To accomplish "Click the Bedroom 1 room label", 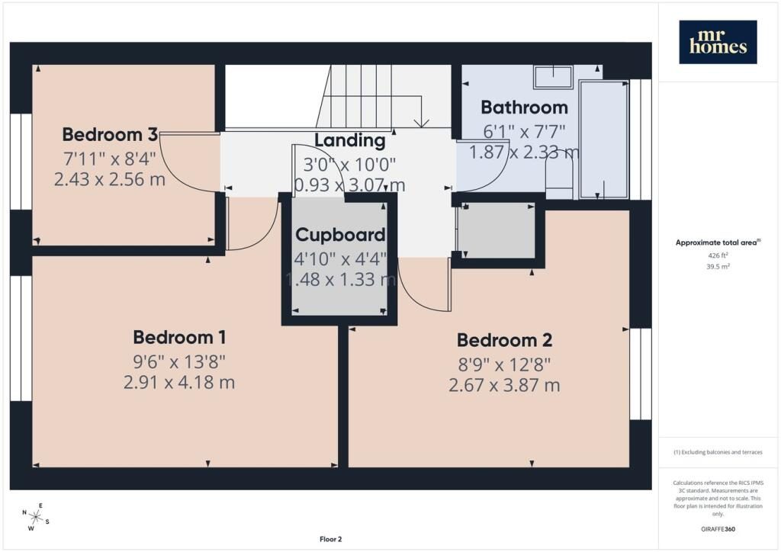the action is tap(179, 338).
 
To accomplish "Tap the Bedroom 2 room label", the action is tap(505, 341).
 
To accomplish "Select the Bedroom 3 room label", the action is tap(110, 134).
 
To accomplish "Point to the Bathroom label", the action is tap(524, 108).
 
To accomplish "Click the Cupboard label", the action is tap(341, 235).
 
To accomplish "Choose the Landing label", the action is tap(349, 141).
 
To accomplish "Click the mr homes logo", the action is tap(718, 42).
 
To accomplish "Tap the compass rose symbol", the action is tap(35, 517).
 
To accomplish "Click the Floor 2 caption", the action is tap(331, 539).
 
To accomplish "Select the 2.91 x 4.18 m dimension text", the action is tap(179, 382).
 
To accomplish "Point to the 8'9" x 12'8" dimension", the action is tap(505, 365).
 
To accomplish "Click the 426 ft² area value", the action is tap(718, 255).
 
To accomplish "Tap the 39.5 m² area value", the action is tap(718, 266).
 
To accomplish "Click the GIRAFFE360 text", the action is tap(718, 529).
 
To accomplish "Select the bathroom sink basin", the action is tap(554, 77).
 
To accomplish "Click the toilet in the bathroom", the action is tap(560, 174).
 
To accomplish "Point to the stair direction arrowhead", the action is tap(422, 123).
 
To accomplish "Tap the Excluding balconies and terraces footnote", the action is tap(718, 452).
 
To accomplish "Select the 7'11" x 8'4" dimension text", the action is tap(110, 159).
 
